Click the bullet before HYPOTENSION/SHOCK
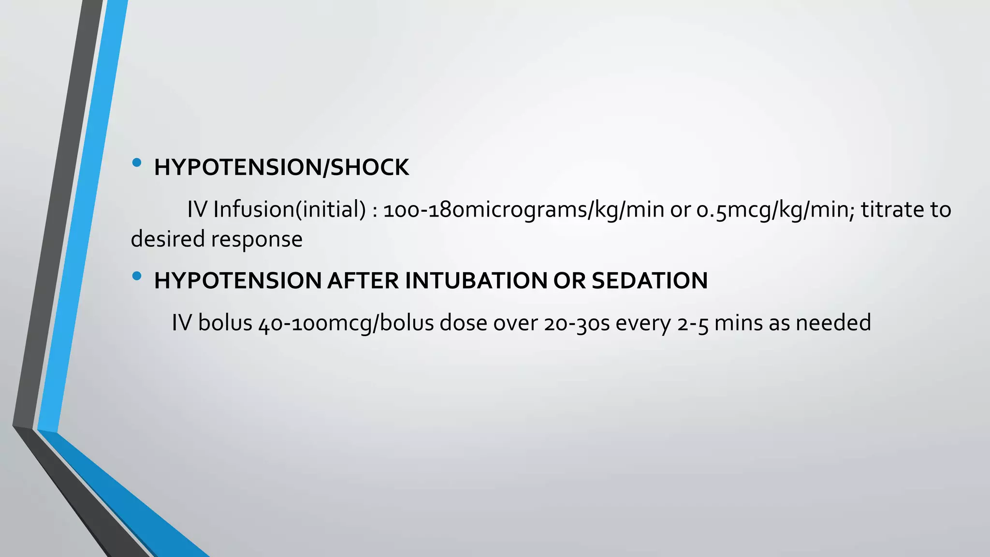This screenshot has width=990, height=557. (x=137, y=163)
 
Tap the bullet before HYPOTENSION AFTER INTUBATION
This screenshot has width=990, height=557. (x=137, y=276)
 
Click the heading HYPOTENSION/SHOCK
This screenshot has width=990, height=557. (x=281, y=167)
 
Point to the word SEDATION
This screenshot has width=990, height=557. (x=649, y=280)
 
